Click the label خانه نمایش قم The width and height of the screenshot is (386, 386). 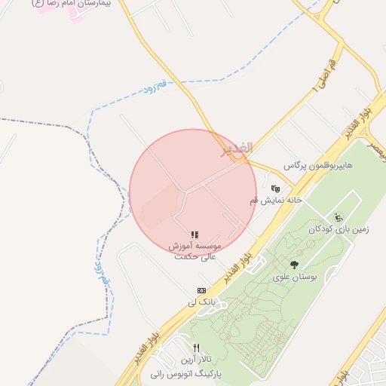(x=276, y=200)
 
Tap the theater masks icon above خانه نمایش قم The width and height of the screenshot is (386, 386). (x=276, y=188)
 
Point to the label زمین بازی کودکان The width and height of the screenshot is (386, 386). (x=332, y=228)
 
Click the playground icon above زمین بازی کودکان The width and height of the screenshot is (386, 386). (x=339, y=217)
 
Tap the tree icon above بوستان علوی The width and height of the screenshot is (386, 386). (x=293, y=264)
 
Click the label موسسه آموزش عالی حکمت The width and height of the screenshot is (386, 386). (x=195, y=251)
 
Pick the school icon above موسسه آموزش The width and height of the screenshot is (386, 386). (x=195, y=236)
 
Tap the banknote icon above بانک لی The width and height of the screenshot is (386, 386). (x=201, y=290)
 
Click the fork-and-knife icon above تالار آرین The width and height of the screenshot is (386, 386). (x=197, y=348)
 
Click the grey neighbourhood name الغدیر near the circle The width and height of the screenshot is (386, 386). (x=236, y=149)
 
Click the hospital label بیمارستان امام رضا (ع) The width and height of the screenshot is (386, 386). (x=72, y=4)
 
